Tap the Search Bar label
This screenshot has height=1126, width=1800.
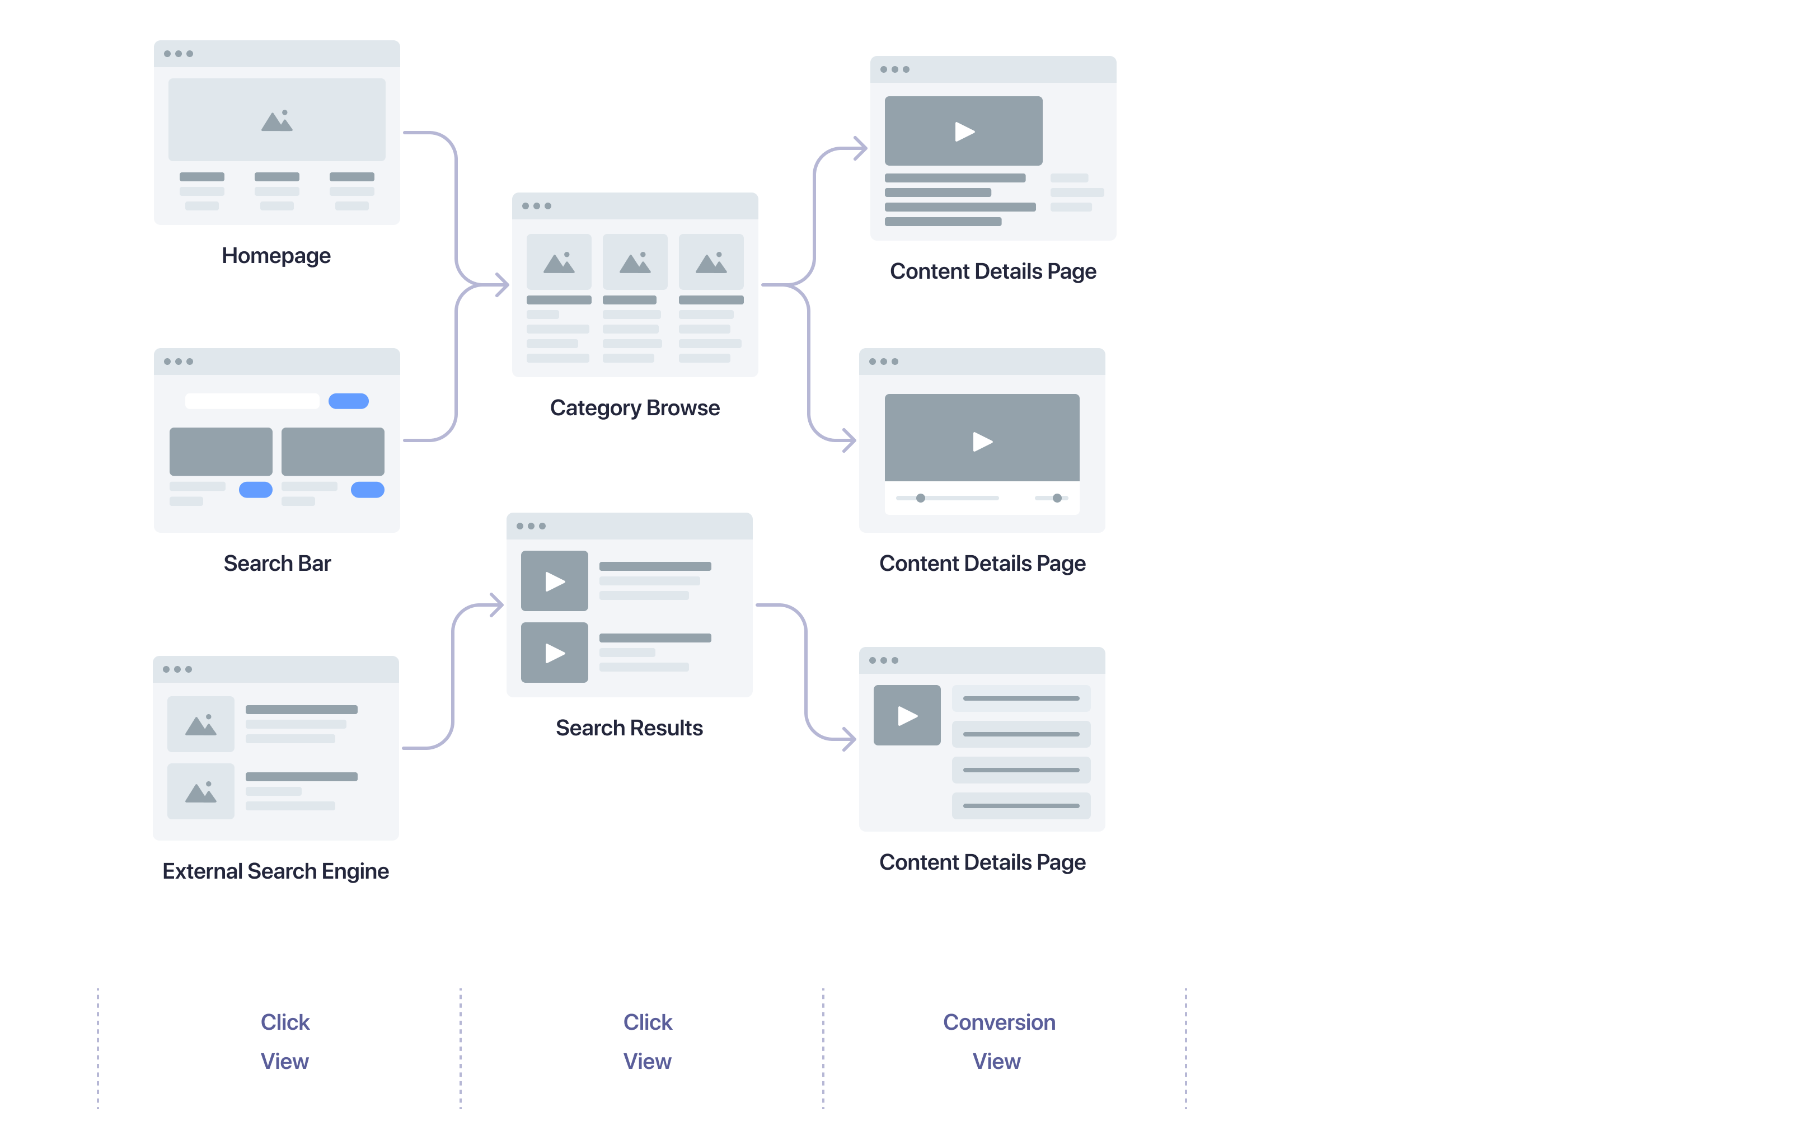coord(277,563)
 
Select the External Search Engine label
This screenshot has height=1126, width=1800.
coord(275,871)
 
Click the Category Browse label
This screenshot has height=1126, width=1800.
coord(635,407)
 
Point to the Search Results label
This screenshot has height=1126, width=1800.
coord(629,728)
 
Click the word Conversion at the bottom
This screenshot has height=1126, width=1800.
coord(999,1022)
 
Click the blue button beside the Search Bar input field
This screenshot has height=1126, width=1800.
coord(349,401)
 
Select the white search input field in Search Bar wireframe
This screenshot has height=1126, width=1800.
coord(252,401)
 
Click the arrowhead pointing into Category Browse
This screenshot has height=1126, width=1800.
coord(503,284)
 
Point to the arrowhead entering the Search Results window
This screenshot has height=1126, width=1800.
coord(498,605)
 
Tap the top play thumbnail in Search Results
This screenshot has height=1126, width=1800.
coord(554,581)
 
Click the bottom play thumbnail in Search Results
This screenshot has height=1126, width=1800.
coord(554,653)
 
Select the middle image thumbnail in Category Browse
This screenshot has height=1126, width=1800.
coord(635,262)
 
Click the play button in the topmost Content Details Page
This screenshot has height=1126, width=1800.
coord(964,132)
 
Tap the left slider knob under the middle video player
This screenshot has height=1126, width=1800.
coord(921,498)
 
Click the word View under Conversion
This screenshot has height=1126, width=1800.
coord(996,1061)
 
